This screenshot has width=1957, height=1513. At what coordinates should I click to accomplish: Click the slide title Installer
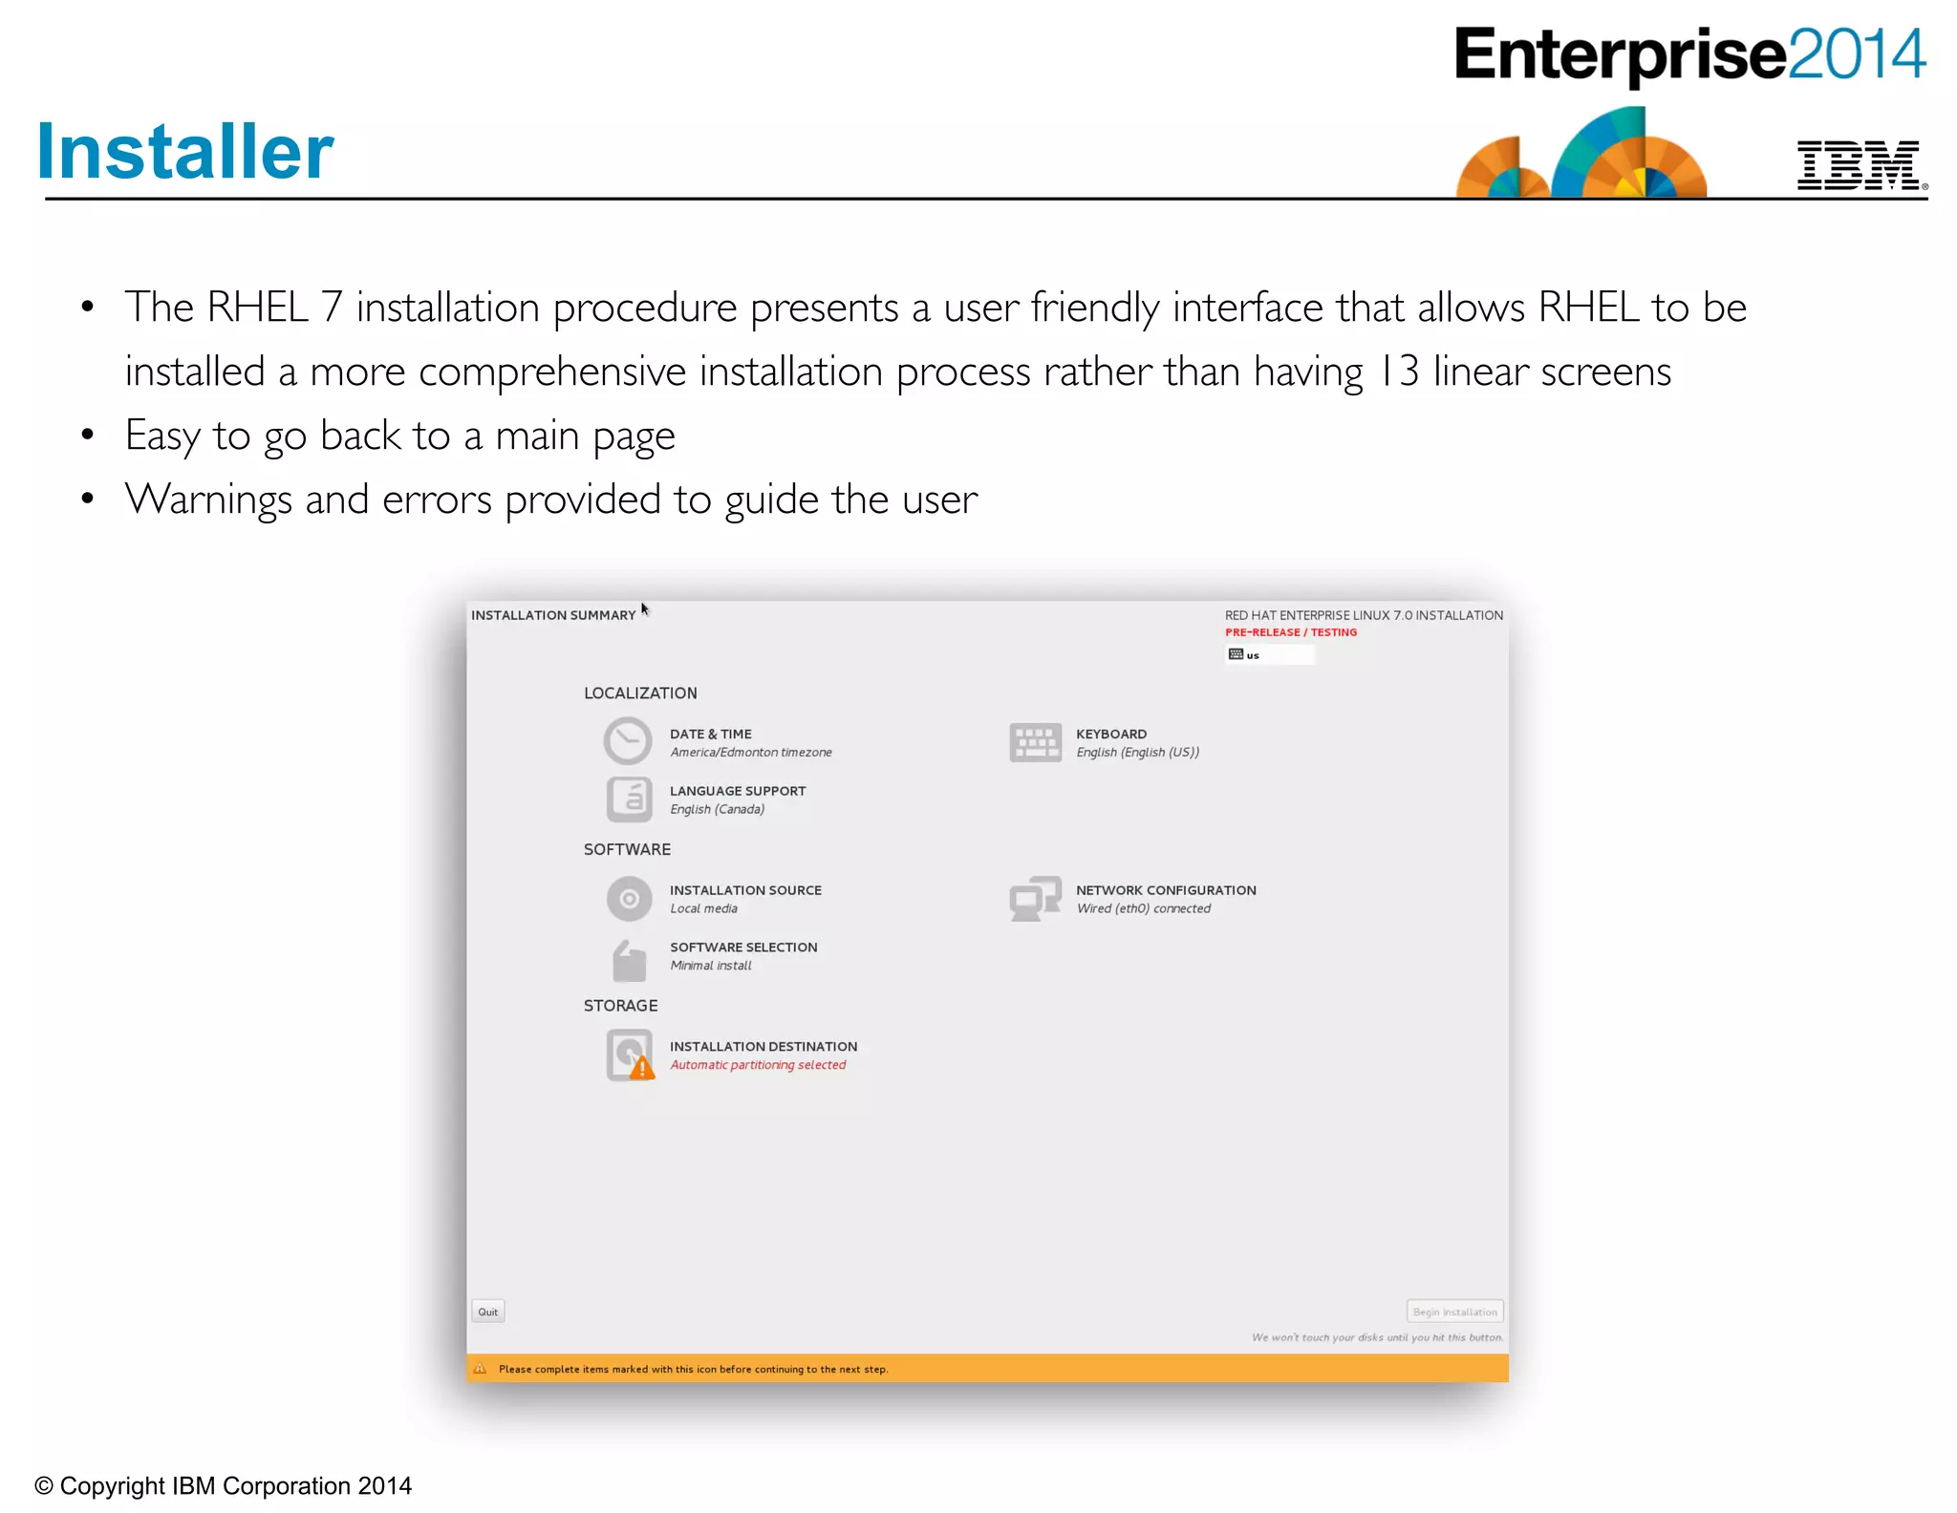coord(185,152)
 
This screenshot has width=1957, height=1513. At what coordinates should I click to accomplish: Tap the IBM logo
coord(1860,165)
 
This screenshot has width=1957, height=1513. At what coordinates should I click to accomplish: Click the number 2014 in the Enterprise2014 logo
coord(1856,54)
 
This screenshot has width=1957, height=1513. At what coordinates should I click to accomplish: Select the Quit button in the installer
coord(487,1311)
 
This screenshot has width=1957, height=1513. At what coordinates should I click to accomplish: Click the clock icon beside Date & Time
coord(628,741)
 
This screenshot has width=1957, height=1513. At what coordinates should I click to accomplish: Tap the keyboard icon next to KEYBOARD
coord(1035,742)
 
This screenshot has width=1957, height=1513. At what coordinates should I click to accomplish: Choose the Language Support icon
coord(629,799)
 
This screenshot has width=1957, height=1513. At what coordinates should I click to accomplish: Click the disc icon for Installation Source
coord(629,899)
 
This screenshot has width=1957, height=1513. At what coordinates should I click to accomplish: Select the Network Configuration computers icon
coord(1035,899)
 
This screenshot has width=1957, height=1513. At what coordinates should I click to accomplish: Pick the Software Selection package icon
coord(629,960)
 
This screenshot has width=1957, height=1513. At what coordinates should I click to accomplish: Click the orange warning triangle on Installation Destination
coord(642,1069)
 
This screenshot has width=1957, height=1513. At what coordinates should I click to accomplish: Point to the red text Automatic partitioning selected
coord(758,1065)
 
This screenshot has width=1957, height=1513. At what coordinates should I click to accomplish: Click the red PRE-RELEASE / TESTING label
coord(1290,632)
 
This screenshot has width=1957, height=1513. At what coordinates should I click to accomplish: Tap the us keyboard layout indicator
coord(1252,655)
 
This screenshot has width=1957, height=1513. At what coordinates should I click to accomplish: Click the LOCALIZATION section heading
coord(640,693)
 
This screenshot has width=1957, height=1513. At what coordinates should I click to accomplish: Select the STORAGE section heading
coord(620,1006)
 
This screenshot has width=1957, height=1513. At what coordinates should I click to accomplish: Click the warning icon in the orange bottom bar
coord(480,1369)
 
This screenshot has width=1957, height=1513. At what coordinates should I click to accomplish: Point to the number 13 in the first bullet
coord(1399,372)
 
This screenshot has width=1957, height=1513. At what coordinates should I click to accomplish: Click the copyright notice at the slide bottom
coord(223,1486)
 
